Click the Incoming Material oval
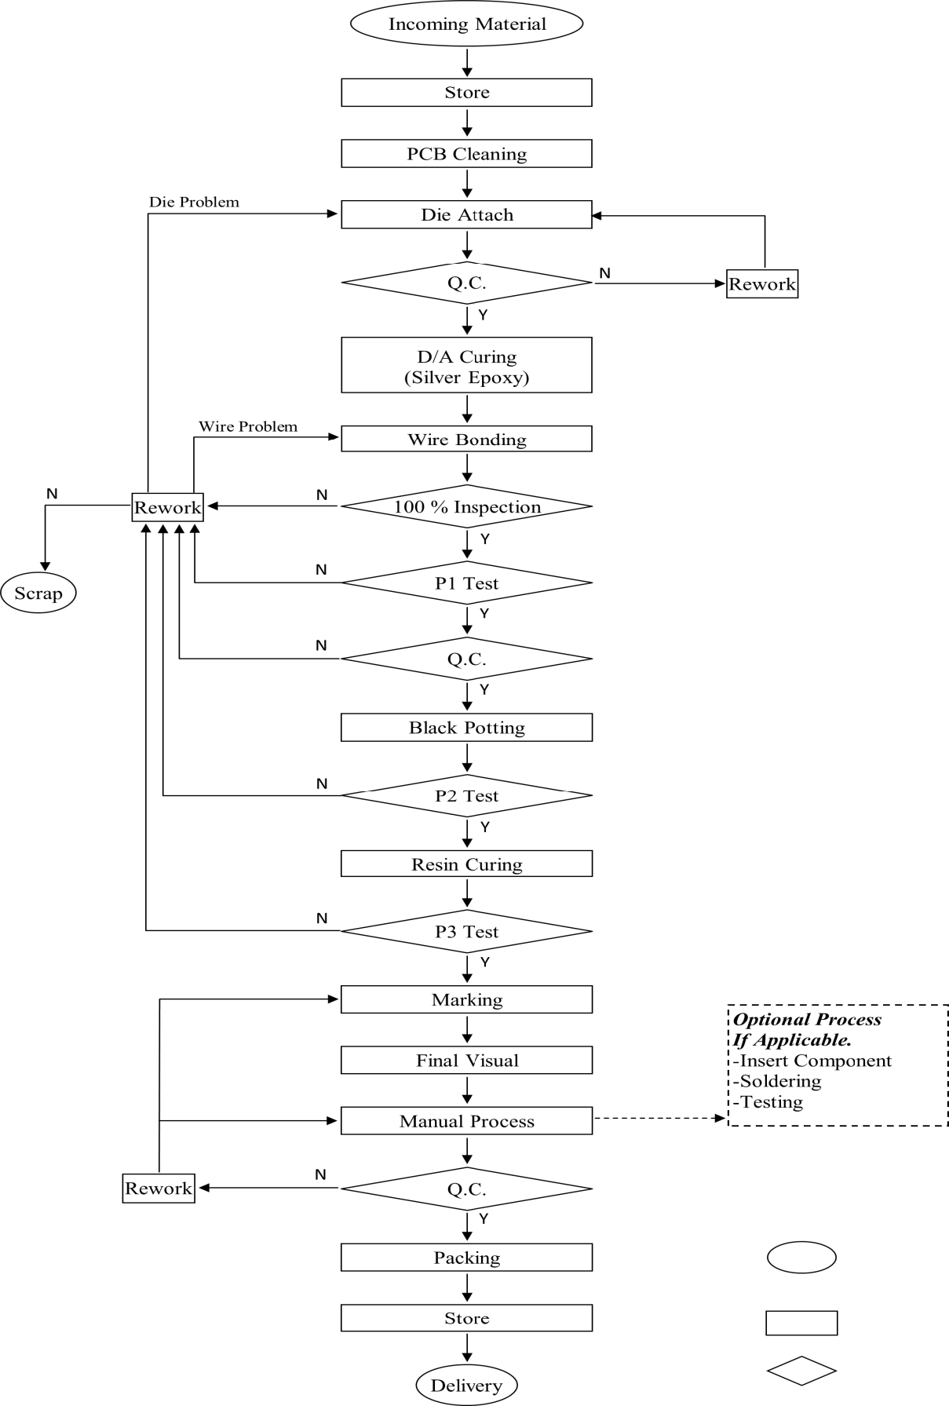466,24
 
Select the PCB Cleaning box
466,154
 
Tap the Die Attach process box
466,215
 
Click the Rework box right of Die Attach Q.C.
761,284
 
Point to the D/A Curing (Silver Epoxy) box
466,366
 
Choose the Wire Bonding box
466,440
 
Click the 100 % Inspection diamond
466,507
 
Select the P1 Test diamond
466,583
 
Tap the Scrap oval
38,593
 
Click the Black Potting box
466,728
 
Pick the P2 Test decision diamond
466,796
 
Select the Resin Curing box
466,864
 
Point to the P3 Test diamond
466,932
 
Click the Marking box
466,1000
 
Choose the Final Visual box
466,1061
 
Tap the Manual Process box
466,1121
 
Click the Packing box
466,1258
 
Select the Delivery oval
466,1386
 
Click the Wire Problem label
248,427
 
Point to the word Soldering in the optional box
780,1082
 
